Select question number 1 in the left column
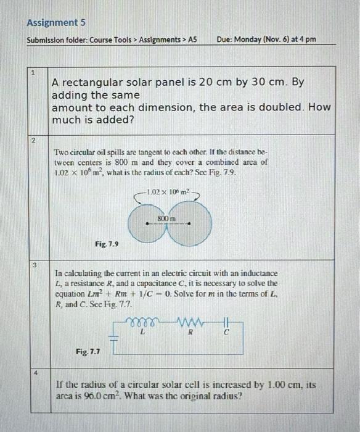pos(35,73)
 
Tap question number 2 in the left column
pos(35,141)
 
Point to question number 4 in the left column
pos(35,373)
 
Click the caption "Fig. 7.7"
pos(88,351)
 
